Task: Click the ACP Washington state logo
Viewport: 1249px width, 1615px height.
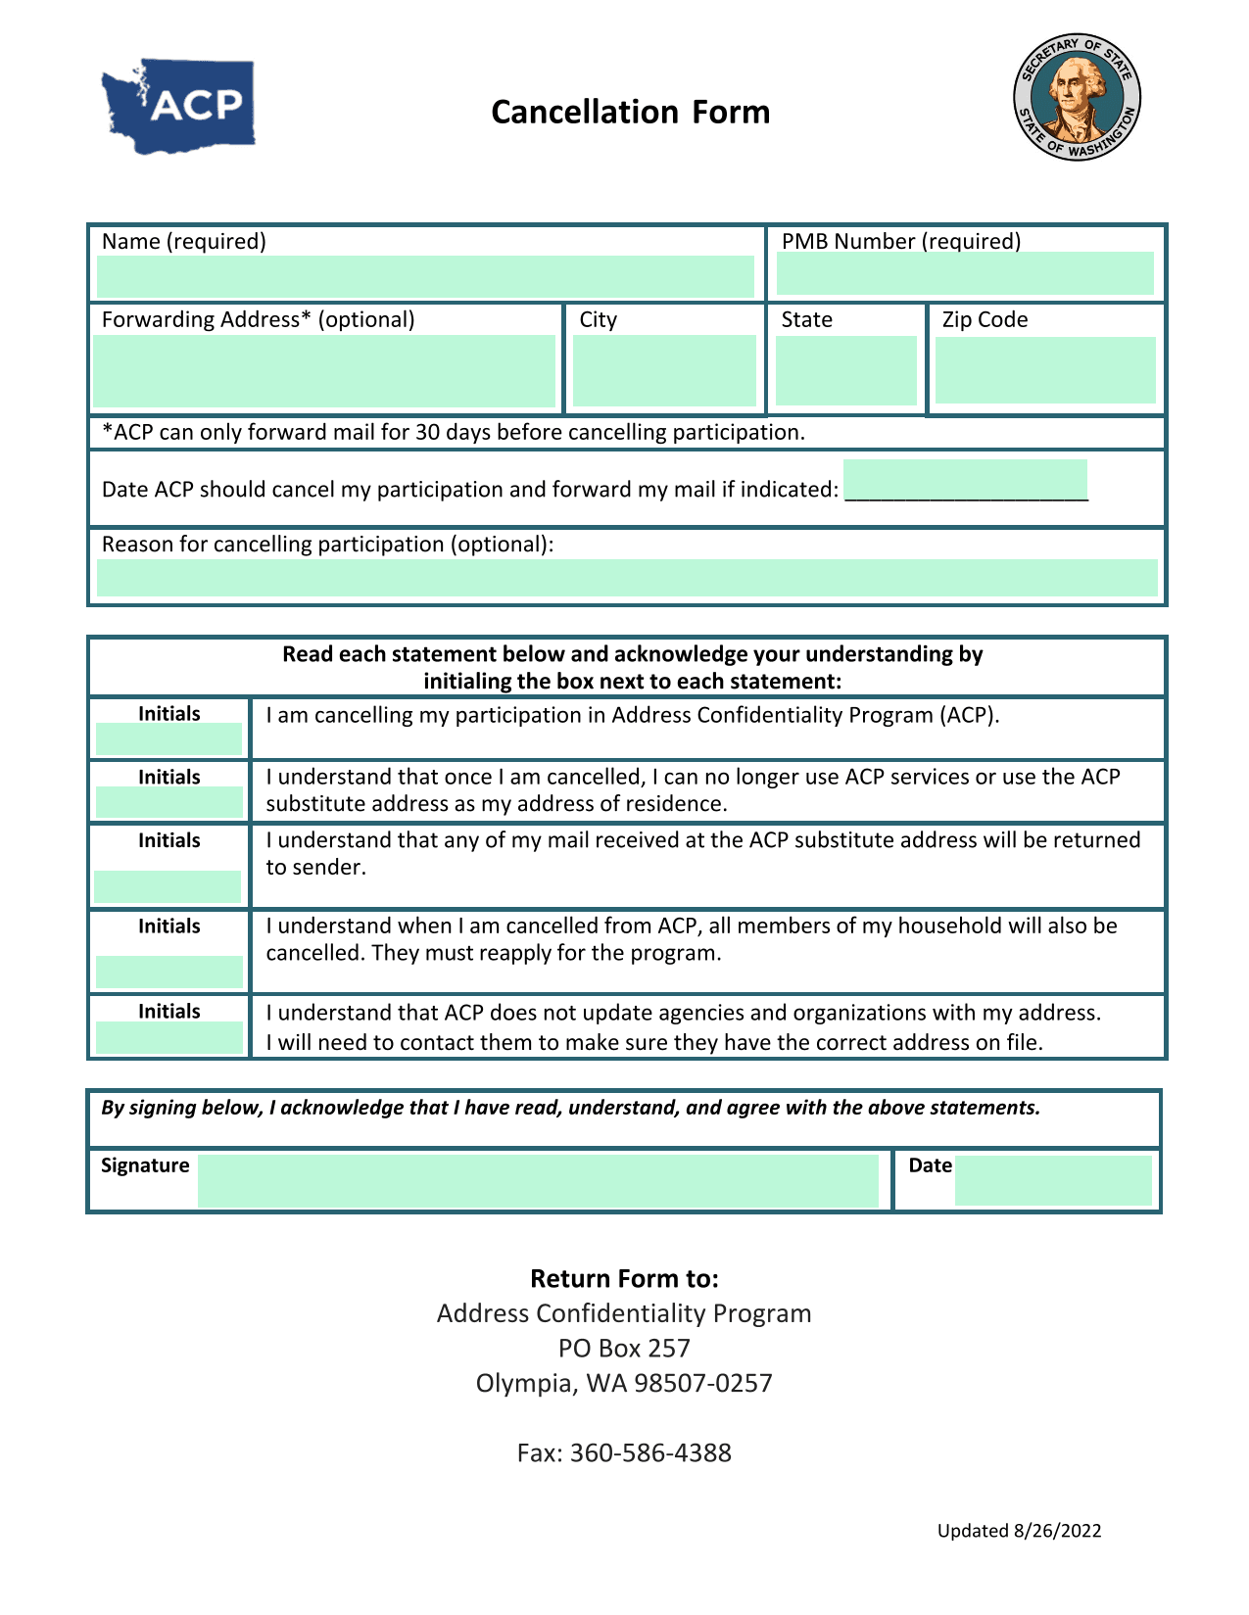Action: (179, 106)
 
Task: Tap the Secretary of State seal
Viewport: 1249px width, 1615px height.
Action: (1077, 97)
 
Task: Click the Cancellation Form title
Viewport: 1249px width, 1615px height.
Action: (630, 113)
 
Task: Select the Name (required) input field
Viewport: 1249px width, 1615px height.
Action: (425, 276)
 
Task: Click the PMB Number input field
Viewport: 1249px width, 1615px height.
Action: (965, 273)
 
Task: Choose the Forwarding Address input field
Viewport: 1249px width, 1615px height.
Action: (324, 371)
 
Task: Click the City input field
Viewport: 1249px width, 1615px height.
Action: (664, 371)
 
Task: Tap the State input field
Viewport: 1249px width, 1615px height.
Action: (845, 370)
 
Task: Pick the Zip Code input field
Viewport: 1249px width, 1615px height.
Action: (1045, 370)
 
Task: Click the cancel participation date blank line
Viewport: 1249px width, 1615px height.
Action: (965, 481)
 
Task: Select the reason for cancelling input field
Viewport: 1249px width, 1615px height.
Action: (627, 578)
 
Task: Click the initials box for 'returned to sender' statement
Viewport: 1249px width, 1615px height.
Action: (168, 886)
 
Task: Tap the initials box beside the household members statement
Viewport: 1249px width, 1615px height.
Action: (168, 972)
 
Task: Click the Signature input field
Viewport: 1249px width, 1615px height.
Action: (538, 1180)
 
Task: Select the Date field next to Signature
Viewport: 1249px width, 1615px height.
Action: (1053, 1180)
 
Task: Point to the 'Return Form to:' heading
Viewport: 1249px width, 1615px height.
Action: (624, 1279)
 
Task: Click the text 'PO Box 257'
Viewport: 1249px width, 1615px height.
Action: (624, 1349)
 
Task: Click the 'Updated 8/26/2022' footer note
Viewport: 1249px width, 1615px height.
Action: (1019, 1531)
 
